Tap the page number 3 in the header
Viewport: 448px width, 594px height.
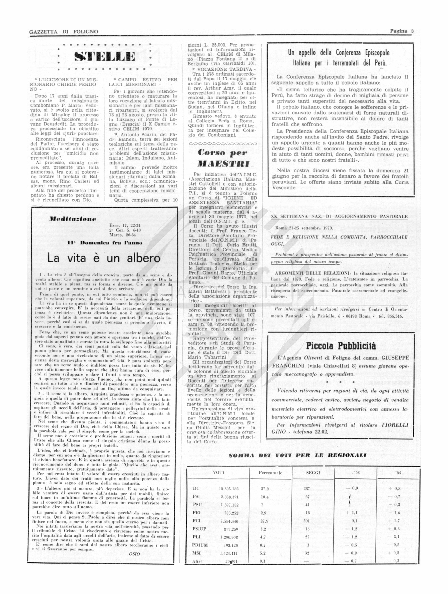pyautogui.click(x=412, y=31)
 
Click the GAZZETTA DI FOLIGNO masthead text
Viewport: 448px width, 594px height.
pyautogui.click(x=64, y=32)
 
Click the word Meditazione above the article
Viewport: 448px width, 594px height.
pyautogui.click(x=73, y=219)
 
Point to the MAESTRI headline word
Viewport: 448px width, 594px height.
pyautogui.click(x=223, y=164)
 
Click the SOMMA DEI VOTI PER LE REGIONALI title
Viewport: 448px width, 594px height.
pyautogui.click(x=297, y=455)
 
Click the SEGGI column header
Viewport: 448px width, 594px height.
pyautogui.click(x=313, y=473)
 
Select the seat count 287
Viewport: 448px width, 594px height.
pyautogui.click(x=307, y=489)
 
